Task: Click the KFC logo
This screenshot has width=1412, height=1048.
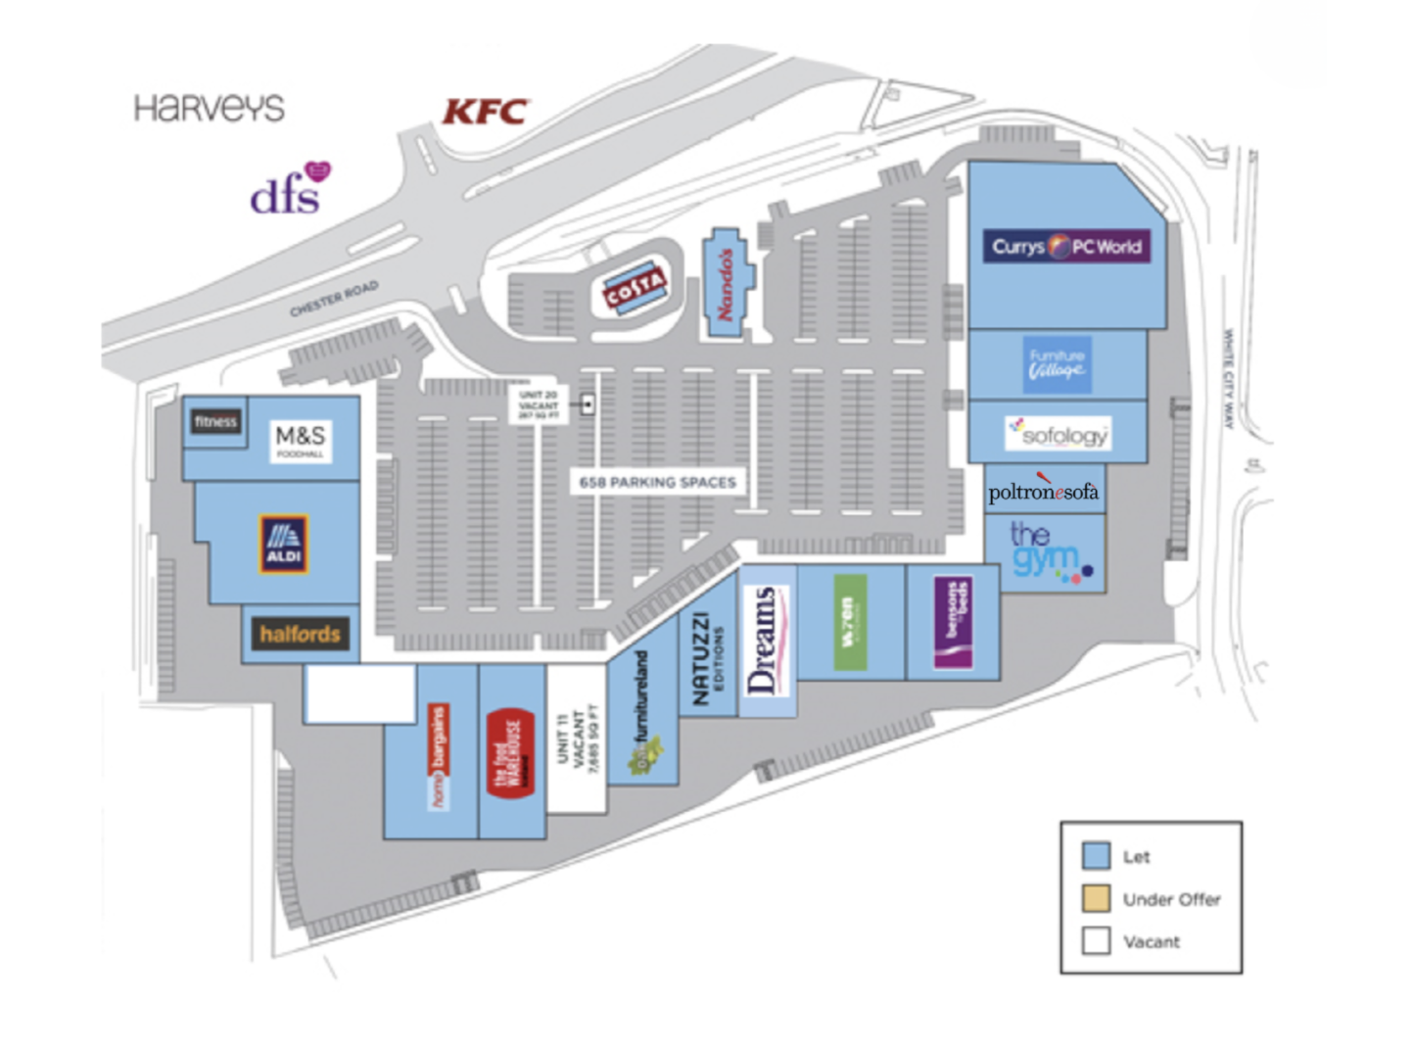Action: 486,112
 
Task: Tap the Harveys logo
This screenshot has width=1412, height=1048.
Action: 209,108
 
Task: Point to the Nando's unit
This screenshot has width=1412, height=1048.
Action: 726,284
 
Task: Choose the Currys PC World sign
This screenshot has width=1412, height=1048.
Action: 1066,246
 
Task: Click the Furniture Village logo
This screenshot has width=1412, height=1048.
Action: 1057,364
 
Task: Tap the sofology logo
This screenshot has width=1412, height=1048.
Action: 1059,433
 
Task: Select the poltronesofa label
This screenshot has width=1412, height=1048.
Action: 1043,491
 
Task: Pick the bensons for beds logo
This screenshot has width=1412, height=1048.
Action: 953,622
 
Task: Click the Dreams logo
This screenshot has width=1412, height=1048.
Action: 766,640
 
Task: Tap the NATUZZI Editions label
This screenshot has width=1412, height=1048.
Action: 707,657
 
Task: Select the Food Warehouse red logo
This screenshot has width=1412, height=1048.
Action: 510,752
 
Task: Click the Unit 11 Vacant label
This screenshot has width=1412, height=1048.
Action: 578,741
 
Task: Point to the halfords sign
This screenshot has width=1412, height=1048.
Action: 300,634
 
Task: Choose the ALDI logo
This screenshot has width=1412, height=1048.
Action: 284,544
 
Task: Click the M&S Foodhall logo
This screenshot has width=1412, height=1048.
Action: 301,440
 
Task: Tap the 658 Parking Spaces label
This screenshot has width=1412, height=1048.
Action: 657,482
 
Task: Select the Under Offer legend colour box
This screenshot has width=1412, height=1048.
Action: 1096,898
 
